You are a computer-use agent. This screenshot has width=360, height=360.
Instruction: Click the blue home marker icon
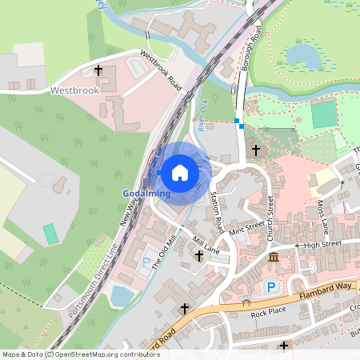click(180, 171)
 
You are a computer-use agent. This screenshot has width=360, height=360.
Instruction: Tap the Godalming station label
click(146, 194)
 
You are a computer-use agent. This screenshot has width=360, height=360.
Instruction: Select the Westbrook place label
click(74, 90)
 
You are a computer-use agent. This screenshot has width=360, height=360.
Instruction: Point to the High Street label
click(323, 244)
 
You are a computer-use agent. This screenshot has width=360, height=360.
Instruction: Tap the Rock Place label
click(268, 311)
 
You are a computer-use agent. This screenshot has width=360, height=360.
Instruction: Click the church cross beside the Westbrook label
click(98, 71)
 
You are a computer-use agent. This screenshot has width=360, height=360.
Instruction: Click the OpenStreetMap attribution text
click(70, 354)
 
